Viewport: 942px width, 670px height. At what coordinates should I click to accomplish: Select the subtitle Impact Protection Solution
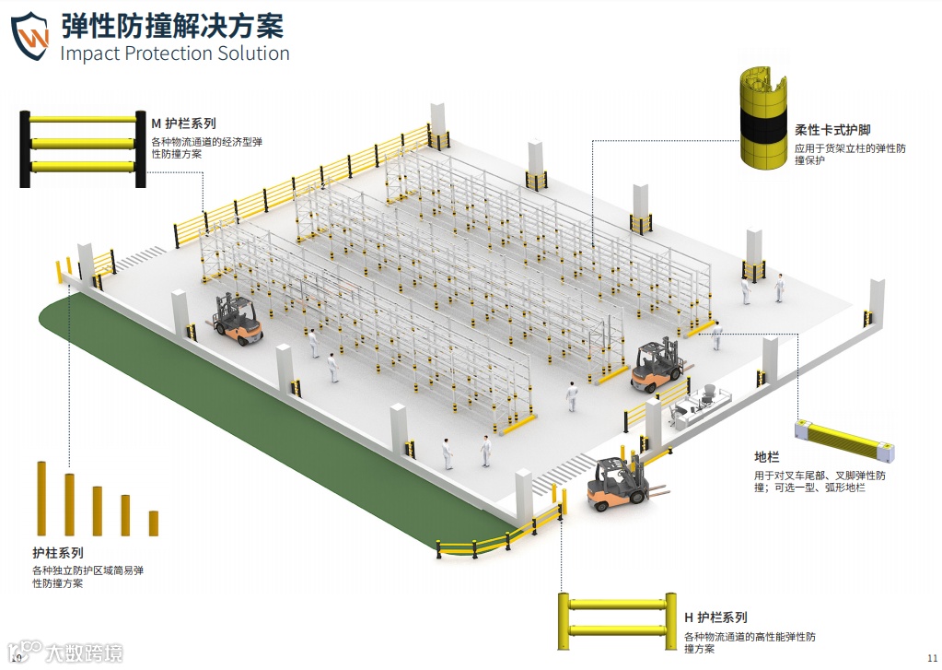pos(175,53)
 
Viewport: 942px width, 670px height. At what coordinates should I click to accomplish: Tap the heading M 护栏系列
pos(183,123)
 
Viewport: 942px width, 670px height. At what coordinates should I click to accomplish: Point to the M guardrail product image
pos(83,147)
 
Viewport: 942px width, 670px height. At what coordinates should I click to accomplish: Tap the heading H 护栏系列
pos(715,617)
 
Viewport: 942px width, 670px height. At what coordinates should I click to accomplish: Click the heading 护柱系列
pos(58,553)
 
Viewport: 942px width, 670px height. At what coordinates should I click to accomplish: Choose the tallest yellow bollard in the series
pos(41,498)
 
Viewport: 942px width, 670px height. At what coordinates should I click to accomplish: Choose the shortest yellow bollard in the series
pos(154,523)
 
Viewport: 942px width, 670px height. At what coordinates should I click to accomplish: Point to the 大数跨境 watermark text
pos(84,652)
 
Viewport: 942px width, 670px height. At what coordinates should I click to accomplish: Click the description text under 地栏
pos(820,481)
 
